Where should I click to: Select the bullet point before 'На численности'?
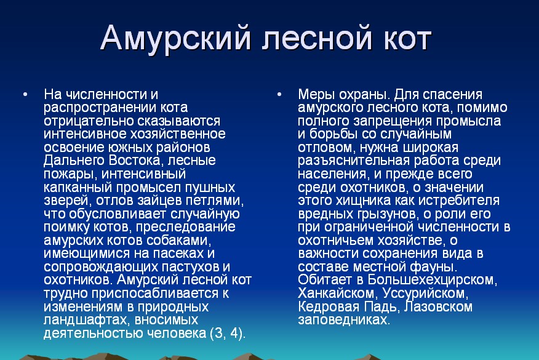pyautogui.click(x=25, y=94)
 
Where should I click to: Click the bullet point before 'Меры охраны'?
pyautogui.click(x=279, y=94)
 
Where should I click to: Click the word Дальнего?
pyautogui.click(x=74, y=161)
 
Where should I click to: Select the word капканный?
pyautogui.click(x=78, y=188)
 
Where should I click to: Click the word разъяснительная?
pyautogui.click(x=354, y=161)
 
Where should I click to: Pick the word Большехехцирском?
pyautogui.click(x=432, y=280)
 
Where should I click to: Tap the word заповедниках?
pyautogui.click(x=344, y=320)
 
